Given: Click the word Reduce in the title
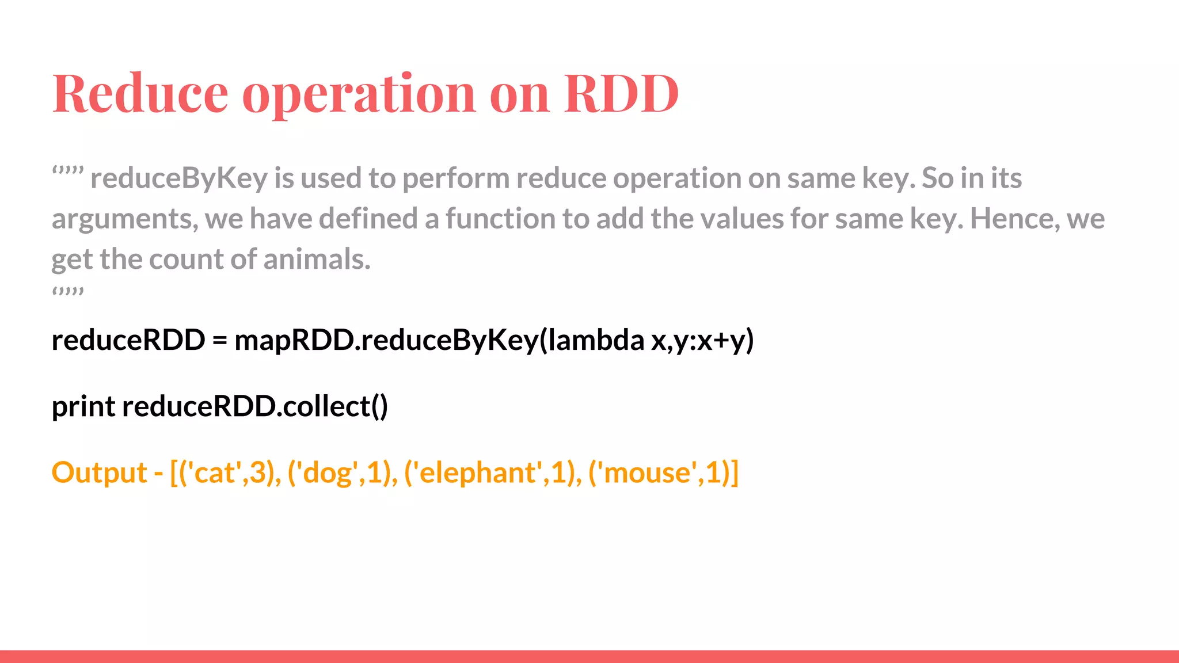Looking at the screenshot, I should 140,93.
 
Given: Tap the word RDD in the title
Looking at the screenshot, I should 621,93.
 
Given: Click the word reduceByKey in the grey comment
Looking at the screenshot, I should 179,178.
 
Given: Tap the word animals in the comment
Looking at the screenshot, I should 317,259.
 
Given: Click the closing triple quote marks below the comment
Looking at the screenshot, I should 68,292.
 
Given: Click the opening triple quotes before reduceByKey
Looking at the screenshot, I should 68,171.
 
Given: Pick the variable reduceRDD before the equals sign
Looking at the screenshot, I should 128,340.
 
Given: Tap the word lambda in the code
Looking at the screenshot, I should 596,340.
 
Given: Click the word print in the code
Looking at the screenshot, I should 83,407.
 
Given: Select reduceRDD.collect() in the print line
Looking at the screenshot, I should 255,406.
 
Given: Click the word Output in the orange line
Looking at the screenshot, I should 99,473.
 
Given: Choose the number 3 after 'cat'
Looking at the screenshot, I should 257,473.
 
